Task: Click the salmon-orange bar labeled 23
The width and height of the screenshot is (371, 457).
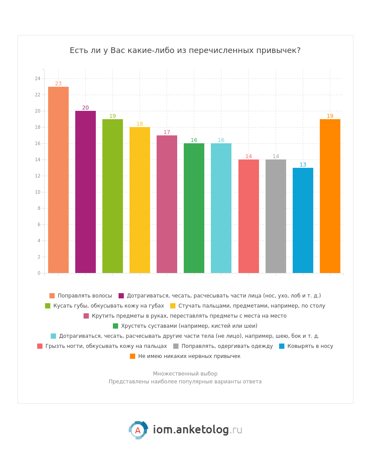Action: point(58,180)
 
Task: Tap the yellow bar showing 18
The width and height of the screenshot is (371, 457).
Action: point(140,200)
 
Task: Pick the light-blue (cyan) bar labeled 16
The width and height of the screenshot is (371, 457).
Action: point(221,208)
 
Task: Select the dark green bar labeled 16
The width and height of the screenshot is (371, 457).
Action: point(194,208)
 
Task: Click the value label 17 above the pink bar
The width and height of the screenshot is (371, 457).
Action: point(167,132)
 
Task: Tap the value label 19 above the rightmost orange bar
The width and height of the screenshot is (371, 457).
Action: point(330,116)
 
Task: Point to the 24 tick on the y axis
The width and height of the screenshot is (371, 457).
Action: point(38,79)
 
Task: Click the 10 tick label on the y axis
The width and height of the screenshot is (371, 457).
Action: point(38,192)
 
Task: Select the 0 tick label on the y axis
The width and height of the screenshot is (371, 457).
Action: point(38,273)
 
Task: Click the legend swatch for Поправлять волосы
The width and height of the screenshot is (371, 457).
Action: point(52,296)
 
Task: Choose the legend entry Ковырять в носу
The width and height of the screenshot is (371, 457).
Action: point(310,346)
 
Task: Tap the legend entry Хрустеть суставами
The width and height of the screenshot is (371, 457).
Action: point(189,326)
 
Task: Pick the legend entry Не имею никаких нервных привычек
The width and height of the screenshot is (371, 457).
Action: point(189,356)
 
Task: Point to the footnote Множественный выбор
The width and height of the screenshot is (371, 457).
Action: point(185,374)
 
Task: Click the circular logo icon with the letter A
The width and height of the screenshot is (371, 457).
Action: point(138,430)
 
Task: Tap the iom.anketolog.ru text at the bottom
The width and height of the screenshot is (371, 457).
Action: point(197,430)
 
